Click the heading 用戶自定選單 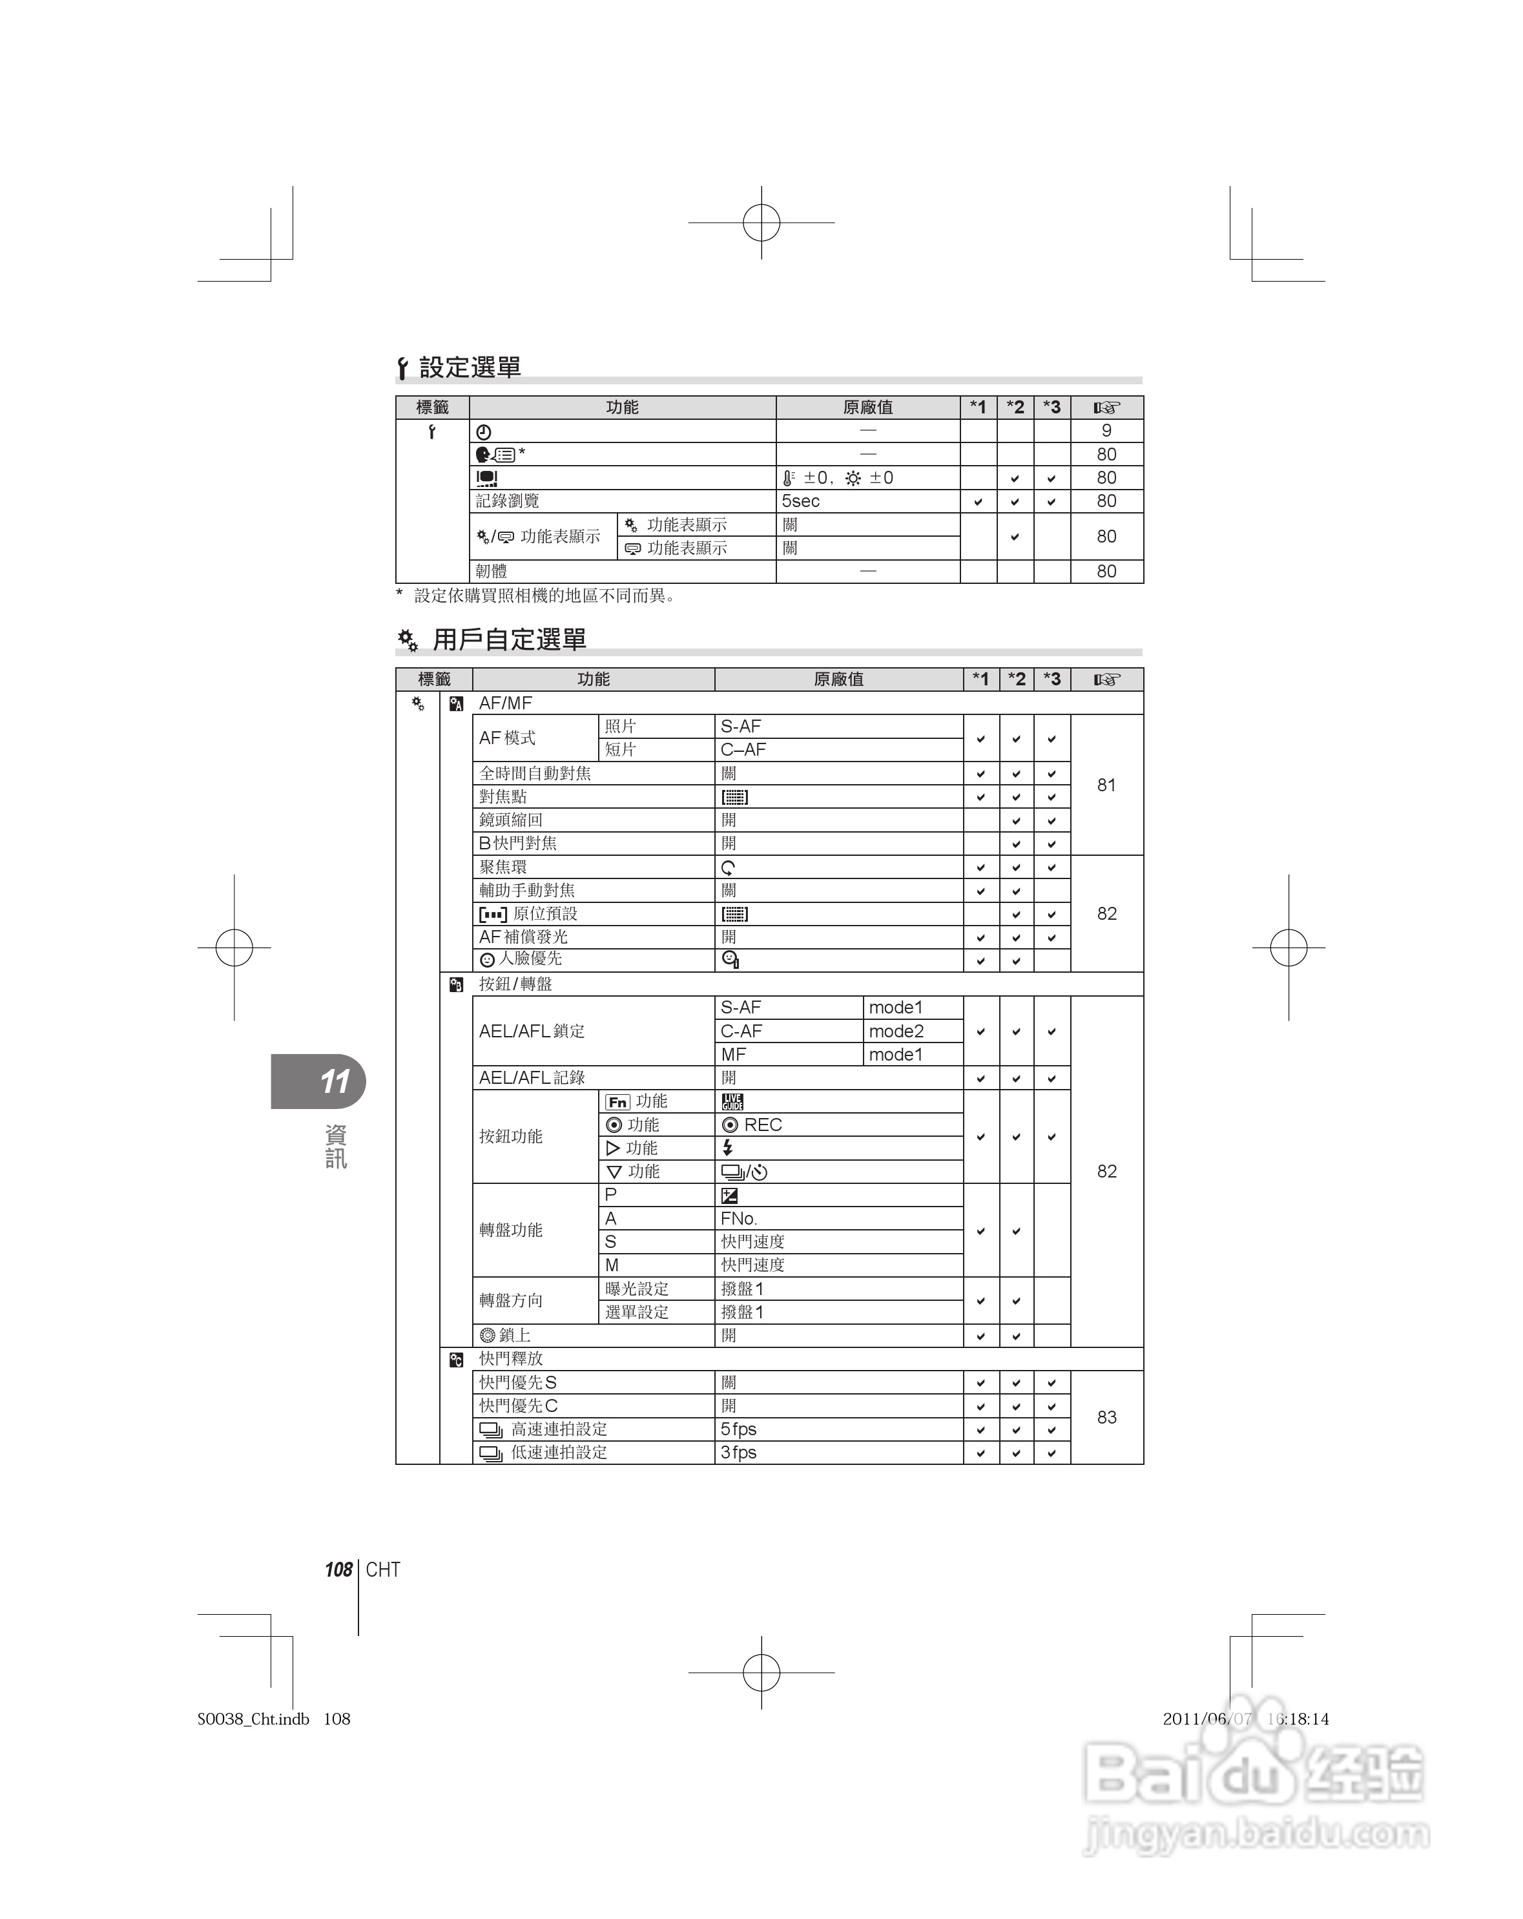point(508,639)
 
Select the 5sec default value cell point(800,501)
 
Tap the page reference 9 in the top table point(1106,431)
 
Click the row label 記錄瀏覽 point(508,501)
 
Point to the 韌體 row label point(492,572)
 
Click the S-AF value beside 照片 point(741,726)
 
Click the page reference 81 point(1106,785)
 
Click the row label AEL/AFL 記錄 point(532,1078)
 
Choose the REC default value point(752,1125)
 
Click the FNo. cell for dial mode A point(739,1219)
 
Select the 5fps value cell point(739,1429)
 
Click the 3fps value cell point(739,1453)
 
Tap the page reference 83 point(1106,1417)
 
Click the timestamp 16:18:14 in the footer point(1298,1719)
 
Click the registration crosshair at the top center point(761,223)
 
